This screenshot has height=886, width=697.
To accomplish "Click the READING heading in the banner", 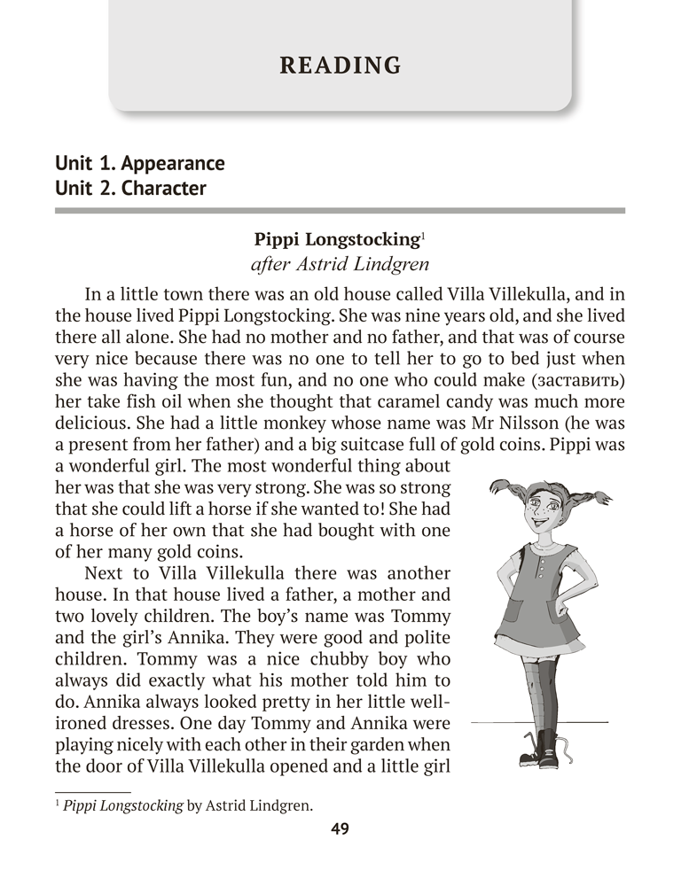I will pos(341,66).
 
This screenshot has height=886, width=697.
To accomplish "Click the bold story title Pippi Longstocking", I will pos(335,239).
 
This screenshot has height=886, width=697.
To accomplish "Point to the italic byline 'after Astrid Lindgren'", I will pos(341,264).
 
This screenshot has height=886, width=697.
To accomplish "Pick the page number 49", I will pos(340,829).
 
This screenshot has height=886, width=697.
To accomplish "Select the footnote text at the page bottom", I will pos(184,805).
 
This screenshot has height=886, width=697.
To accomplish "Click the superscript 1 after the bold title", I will pos(423,235).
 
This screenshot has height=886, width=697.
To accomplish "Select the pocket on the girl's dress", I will pos(516,609).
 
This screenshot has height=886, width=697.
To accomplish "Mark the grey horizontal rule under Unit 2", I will pos(341,211).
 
